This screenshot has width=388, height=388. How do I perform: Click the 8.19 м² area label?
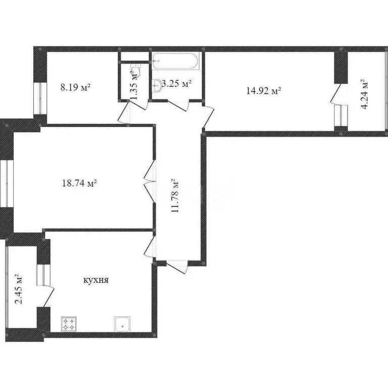pyautogui.click(x=75, y=87)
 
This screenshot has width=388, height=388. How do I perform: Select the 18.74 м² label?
pyautogui.click(x=78, y=183)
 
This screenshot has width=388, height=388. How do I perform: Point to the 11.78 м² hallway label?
pyautogui.click(x=175, y=196)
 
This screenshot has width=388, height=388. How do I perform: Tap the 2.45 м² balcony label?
pyautogui.click(x=19, y=289)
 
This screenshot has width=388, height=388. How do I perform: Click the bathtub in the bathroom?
pyautogui.click(x=177, y=63)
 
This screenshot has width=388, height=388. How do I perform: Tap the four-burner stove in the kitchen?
pyautogui.click(x=69, y=323)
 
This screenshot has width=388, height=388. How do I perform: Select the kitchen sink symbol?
pyautogui.click(x=123, y=323)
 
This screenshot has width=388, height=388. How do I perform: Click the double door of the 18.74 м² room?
pyautogui.click(x=150, y=180)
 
